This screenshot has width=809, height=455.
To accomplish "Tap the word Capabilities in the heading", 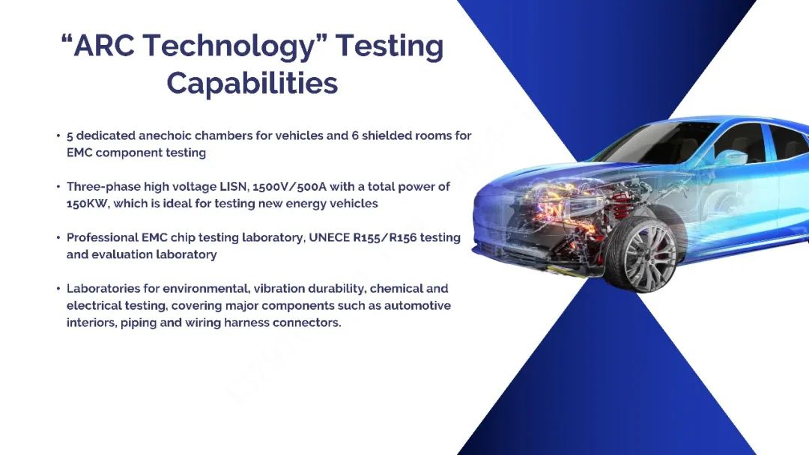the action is point(252,84).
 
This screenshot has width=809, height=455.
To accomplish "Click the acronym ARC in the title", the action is point(104,45).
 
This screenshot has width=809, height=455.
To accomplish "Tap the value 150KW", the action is point(87,204).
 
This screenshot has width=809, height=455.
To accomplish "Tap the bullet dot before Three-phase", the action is point(58,186).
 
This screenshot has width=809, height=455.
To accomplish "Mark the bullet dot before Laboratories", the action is point(58,289).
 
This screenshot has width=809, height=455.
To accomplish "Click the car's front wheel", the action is point(640,254).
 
